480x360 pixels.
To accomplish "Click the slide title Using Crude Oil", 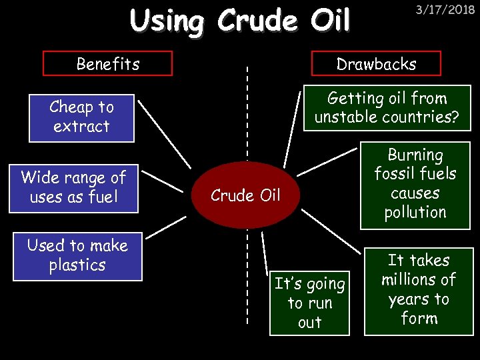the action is [240, 21].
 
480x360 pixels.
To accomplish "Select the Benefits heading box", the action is [107, 64].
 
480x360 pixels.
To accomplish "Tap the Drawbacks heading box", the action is [376, 64].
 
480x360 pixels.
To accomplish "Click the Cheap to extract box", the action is [81, 117].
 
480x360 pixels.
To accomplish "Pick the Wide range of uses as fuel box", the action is [73, 188].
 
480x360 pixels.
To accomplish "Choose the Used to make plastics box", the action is [77, 255].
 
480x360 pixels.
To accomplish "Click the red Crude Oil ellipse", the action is [245, 195].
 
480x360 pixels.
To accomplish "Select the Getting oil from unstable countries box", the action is [387, 107].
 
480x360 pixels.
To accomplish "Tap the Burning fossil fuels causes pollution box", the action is [415, 184].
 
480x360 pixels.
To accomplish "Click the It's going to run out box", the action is [309, 303].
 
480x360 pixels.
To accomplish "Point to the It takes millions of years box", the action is [419, 290].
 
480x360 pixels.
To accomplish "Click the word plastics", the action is [77, 265].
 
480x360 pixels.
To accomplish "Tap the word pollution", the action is [415, 213].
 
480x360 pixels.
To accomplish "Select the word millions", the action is [419, 279].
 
